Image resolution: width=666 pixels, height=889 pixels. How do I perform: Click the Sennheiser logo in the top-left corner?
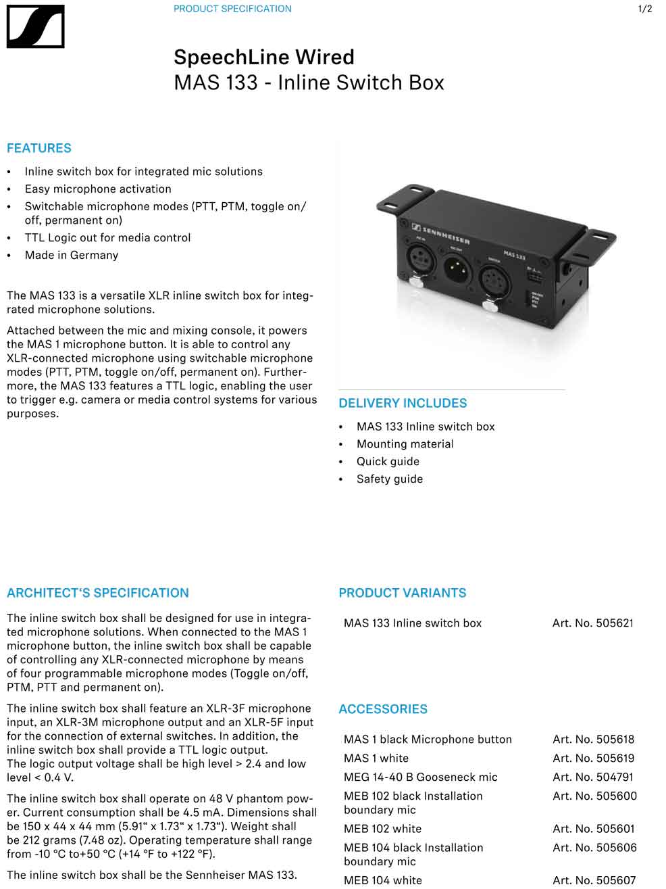(35, 26)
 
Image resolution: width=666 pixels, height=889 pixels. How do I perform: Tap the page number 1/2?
(645, 9)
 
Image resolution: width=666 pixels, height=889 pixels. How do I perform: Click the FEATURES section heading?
(39, 148)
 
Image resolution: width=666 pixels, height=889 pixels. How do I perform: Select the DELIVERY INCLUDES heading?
(403, 403)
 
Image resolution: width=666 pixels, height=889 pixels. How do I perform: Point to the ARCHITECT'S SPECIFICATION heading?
(98, 593)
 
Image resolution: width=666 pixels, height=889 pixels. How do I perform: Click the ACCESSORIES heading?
(383, 709)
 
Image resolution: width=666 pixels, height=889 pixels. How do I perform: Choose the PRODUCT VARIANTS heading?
(403, 593)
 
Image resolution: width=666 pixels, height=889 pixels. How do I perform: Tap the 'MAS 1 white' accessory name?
(376, 758)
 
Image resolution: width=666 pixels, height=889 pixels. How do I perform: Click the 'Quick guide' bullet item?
(388, 461)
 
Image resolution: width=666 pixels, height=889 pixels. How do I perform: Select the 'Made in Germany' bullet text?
(72, 255)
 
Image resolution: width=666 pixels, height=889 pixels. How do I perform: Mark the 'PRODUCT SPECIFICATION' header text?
(232, 9)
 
